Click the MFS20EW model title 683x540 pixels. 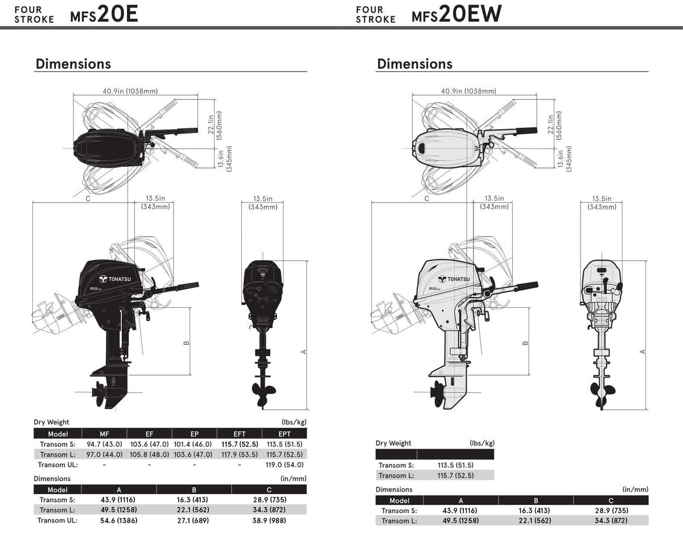pyautogui.click(x=456, y=14)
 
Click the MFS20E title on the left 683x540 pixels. pyautogui.click(x=104, y=14)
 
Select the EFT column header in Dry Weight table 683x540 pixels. pyautogui.click(x=240, y=434)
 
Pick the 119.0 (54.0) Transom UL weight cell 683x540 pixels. pyautogui.click(x=285, y=464)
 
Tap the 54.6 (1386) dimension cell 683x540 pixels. pyautogui.click(x=119, y=520)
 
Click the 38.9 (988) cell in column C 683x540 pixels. pyautogui.click(x=269, y=520)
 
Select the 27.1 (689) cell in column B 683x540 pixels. pyautogui.click(x=194, y=520)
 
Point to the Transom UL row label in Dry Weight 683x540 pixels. pyautogui.click(x=56, y=464)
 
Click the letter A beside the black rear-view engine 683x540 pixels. pyautogui.click(x=304, y=352)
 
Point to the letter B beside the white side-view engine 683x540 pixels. pyautogui.click(x=525, y=342)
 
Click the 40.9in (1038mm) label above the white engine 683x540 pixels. pyautogui.click(x=468, y=91)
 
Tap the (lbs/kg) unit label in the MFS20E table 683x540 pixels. pyautogui.click(x=294, y=422)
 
